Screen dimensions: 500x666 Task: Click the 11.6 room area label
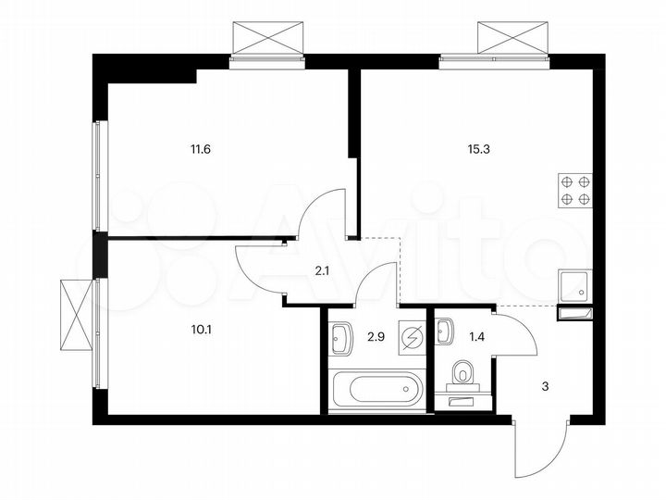click(202, 147)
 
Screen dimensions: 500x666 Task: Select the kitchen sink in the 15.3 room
click(573, 286)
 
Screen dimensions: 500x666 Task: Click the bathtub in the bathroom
click(376, 390)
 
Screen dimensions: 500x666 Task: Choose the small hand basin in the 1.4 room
click(447, 329)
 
